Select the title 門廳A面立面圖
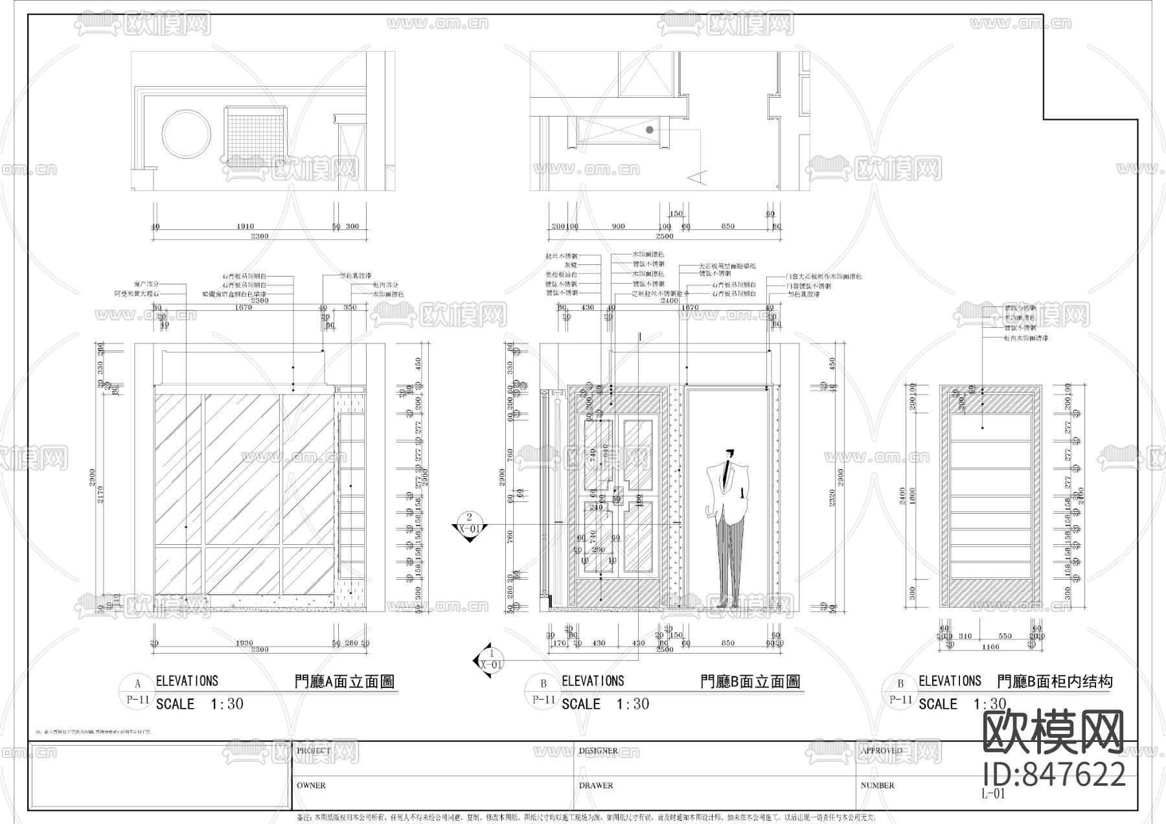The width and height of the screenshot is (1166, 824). [344, 681]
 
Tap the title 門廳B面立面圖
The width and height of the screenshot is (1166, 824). [750, 681]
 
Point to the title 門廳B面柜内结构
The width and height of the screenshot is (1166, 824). [1055, 681]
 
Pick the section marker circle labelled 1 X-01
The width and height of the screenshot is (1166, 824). [491, 659]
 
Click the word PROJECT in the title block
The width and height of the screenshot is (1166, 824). [314, 751]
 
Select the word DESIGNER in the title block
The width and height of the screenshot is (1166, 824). [598, 751]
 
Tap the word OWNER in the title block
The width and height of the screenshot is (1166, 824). [311, 785]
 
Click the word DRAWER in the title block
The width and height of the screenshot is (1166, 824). [595, 785]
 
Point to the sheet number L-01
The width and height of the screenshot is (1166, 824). [993, 794]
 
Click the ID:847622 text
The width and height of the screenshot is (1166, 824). [1054, 774]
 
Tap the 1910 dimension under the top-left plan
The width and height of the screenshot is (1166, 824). [245, 227]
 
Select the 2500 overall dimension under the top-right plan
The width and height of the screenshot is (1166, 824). [665, 236]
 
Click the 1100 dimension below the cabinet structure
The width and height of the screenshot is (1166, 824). [990, 647]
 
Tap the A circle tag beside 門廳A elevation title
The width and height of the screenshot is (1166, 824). [137, 684]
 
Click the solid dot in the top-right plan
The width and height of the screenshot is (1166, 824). [649, 130]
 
